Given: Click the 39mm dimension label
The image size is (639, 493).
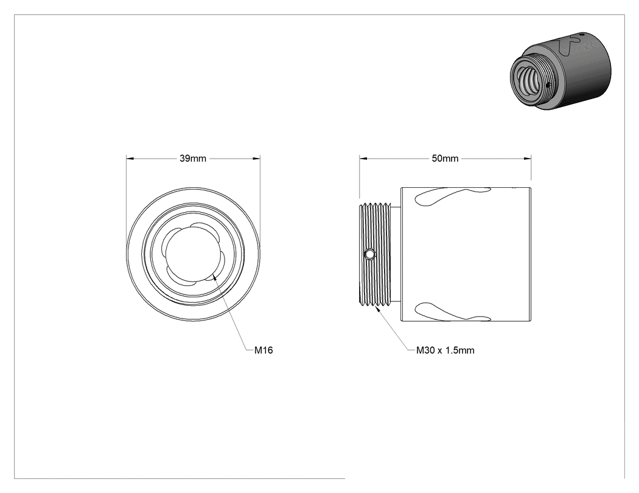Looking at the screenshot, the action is pyautogui.click(x=193, y=159).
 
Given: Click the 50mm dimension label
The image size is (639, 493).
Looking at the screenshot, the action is pyautogui.click(x=445, y=159).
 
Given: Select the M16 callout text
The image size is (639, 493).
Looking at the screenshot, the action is pyautogui.click(x=264, y=350).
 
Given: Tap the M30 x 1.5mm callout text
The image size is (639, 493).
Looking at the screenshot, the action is pyautogui.click(x=445, y=350).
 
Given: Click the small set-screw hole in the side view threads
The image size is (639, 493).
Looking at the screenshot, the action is pyautogui.click(x=369, y=255).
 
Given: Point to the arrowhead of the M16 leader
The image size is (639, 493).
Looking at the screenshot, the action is pyautogui.click(x=214, y=277).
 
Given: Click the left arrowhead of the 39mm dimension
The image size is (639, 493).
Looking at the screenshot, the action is pyautogui.click(x=130, y=159).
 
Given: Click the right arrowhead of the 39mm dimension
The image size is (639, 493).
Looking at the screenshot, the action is pyautogui.click(x=256, y=159).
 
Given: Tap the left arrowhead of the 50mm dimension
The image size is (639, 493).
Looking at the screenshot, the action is pyautogui.click(x=363, y=159).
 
